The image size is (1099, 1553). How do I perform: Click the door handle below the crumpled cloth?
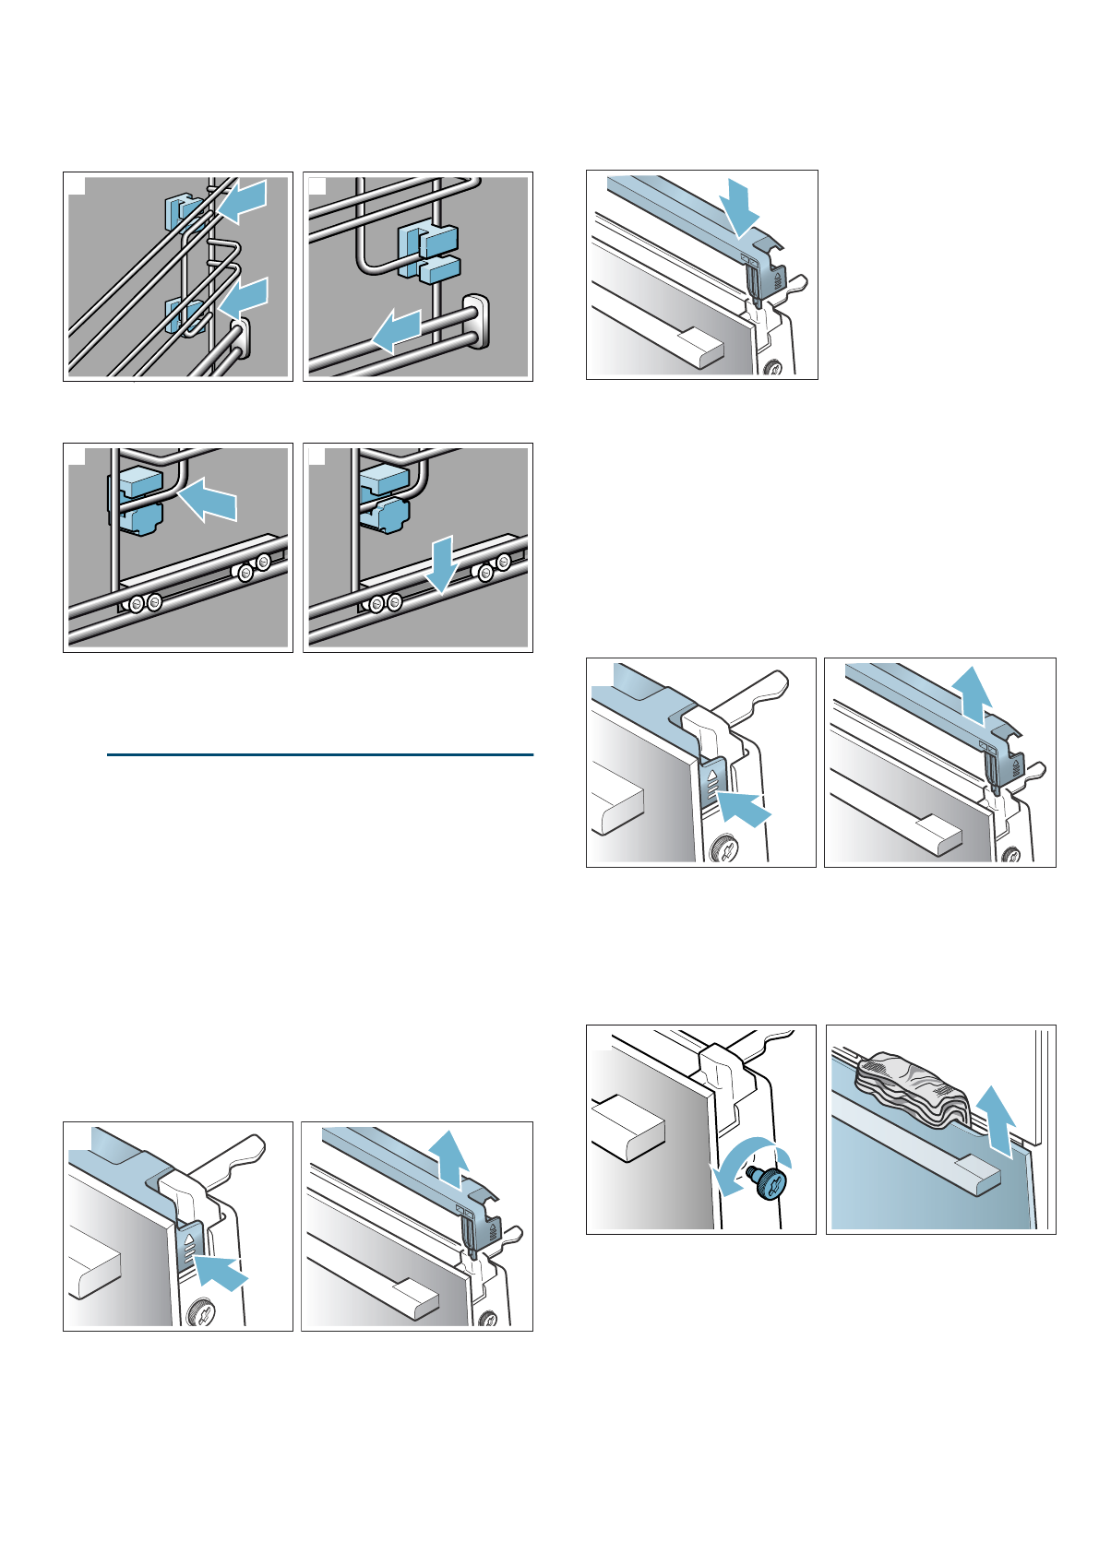[974, 1172]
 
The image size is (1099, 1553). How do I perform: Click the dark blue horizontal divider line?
[319, 755]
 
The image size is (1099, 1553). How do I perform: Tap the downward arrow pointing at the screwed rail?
[441, 564]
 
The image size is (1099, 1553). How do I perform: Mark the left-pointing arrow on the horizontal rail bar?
[397, 332]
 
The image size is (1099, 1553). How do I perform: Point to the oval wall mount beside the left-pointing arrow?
[475, 323]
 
